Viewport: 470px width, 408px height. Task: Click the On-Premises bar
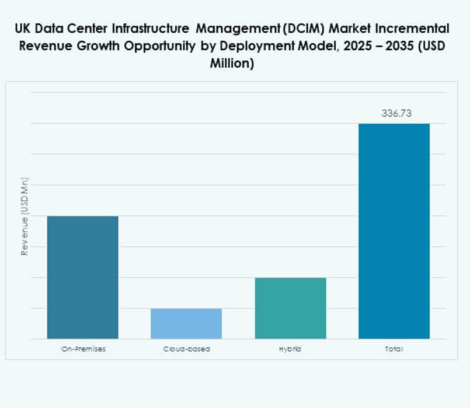82,277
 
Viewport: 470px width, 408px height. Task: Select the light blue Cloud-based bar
186,323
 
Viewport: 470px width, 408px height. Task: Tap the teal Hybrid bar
290,308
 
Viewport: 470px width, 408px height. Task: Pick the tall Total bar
394,231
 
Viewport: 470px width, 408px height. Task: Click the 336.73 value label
396,114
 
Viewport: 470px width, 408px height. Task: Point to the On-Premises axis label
83,349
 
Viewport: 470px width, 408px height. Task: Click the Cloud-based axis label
186,349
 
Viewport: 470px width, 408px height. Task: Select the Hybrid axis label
290,349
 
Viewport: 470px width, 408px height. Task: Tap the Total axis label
394,349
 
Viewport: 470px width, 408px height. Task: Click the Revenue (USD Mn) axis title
25,217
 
